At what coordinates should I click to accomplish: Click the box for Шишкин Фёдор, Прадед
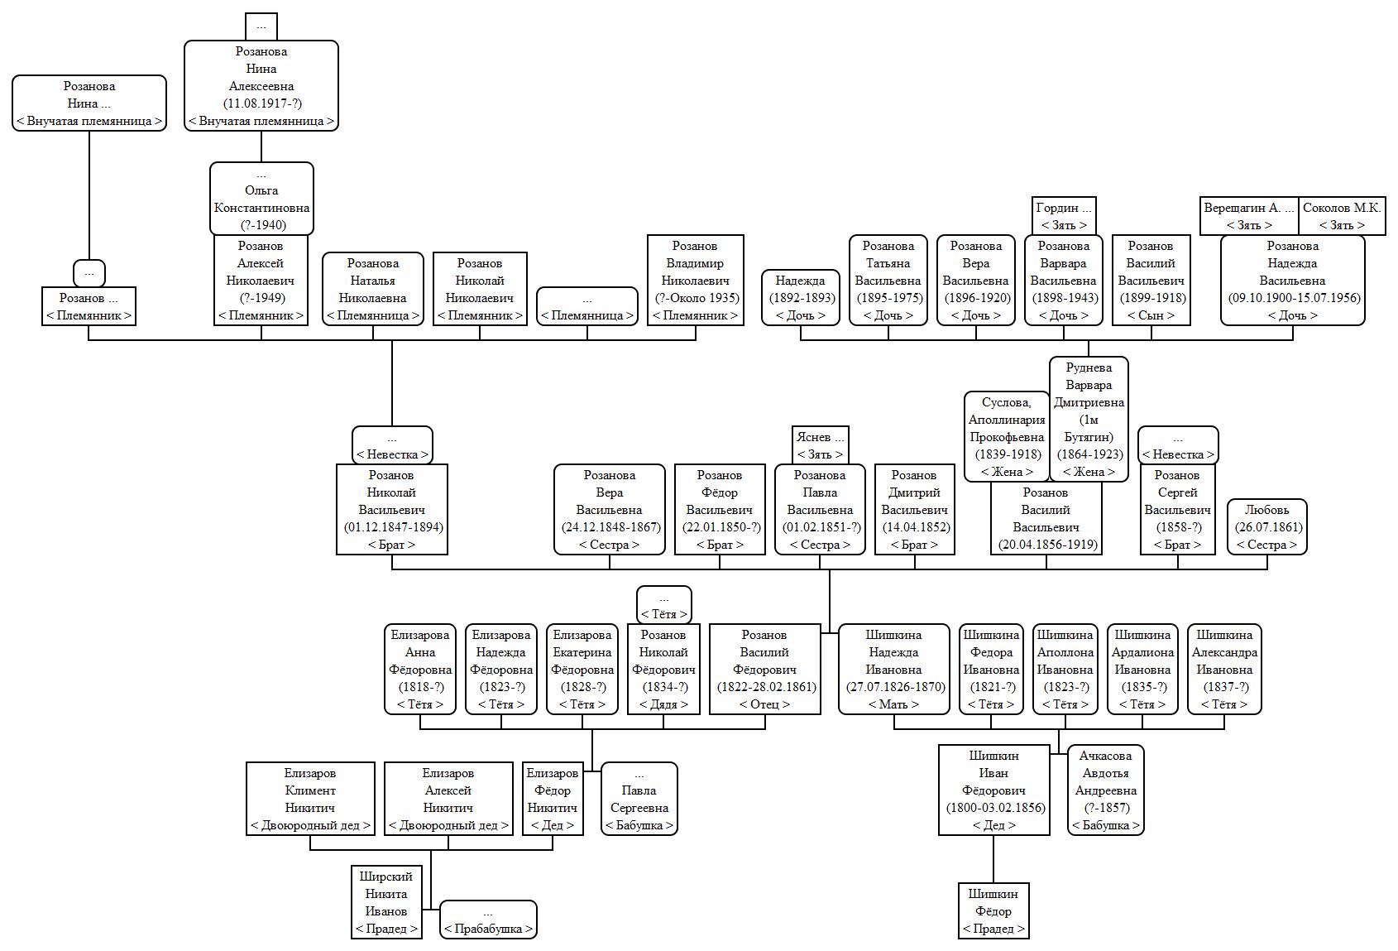(993, 910)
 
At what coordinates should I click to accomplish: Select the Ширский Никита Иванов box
(386, 901)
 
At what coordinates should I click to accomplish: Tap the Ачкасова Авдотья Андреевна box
(1105, 790)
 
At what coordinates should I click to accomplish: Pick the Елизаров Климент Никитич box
(310, 799)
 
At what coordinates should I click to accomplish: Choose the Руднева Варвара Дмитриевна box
(1089, 419)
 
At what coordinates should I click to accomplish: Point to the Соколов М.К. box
(1342, 216)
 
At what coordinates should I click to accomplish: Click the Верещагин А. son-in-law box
(1249, 216)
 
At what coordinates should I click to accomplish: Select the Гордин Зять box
(1064, 216)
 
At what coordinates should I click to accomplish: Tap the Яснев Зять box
(820, 445)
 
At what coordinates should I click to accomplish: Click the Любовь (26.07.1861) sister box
(1267, 526)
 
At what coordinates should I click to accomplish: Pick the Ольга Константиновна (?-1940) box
(261, 199)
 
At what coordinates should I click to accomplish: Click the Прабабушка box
(488, 920)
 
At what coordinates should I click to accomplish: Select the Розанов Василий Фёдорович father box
(764, 669)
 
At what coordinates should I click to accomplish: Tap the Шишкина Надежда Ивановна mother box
(893, 669)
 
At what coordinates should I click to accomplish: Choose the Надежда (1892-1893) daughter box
(801, 297)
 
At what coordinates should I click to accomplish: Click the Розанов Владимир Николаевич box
(695, 280)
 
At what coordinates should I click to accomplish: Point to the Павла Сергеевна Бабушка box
(639, 799)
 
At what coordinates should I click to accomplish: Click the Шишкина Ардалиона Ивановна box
(1142, 669)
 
